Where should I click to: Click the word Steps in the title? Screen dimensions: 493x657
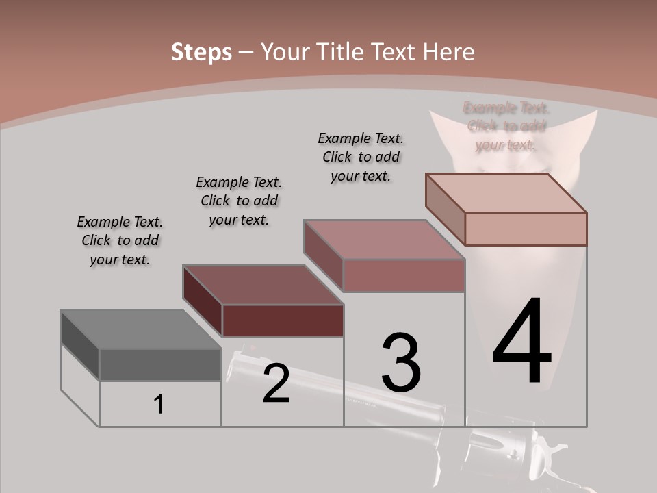pos(201,52)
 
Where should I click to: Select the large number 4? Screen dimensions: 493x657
pos(521,342)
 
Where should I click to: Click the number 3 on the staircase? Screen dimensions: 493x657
pos(401,362)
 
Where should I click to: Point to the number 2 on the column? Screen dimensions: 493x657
pos(276,383)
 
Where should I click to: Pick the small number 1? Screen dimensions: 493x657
pos(159,405)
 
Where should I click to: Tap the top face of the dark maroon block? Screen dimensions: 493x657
pos(263,285)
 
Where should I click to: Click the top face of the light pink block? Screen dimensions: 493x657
pos(506,193)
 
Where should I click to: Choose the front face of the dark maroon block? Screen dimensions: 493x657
pos(283,320)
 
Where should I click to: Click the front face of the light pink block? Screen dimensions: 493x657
pos(526,229)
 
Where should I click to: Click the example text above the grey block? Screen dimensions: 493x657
pos(120,241)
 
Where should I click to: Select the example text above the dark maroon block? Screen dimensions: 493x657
pos(239,201)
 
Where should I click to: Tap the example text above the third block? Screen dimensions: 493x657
pos(361,157)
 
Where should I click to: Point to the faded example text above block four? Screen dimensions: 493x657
pos(506,126)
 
